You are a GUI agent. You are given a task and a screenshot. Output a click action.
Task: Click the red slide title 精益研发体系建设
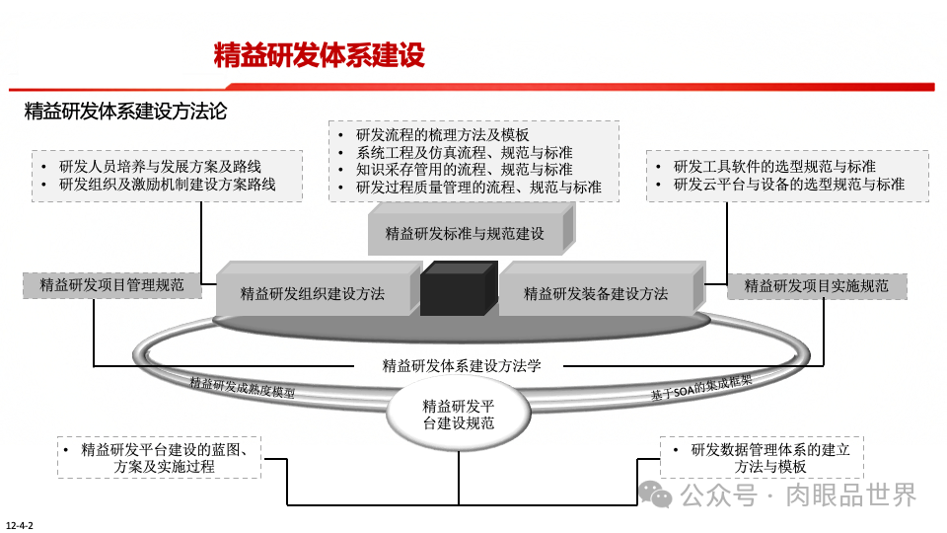point(319,55)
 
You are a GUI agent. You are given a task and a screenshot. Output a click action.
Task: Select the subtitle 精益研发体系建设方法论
point(125,112)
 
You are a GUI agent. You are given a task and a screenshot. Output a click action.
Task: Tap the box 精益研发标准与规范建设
point(465,234)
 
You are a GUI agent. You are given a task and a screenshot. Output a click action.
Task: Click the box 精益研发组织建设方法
point(313,293)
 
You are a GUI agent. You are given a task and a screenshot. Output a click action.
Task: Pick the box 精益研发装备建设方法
point(595,293)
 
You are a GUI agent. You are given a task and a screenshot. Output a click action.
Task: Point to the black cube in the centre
point(457,289)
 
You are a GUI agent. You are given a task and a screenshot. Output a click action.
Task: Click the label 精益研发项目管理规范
point(111,285)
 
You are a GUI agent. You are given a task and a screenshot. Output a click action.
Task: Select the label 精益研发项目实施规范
point(816,286)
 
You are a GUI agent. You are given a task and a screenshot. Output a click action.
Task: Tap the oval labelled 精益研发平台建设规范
point(458,414)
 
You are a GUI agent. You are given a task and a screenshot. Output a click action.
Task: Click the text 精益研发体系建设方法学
point(462,365)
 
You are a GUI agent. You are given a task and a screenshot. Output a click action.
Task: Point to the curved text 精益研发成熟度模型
point(243,386)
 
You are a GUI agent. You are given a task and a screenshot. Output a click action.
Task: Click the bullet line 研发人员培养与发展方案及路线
point(167,165)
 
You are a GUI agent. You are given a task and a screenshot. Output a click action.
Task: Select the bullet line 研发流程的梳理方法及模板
point(443,134)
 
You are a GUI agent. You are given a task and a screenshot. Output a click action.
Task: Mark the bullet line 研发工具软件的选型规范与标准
point(774,166)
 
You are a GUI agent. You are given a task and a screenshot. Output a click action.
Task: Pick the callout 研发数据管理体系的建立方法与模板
point(763,458)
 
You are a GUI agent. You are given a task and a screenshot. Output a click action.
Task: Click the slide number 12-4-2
point(20,524)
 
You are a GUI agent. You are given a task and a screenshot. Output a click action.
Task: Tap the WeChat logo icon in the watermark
point(656,494)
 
